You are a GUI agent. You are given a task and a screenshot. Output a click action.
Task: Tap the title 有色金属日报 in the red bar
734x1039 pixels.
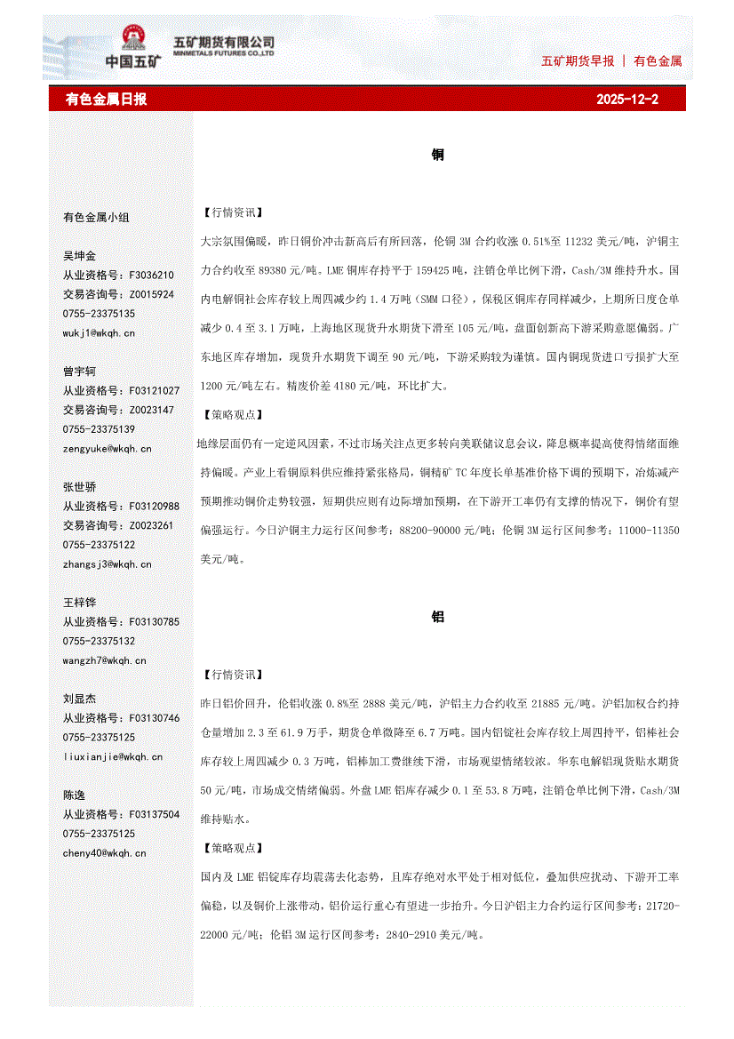107,100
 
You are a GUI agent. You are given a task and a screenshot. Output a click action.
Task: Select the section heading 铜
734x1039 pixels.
438,156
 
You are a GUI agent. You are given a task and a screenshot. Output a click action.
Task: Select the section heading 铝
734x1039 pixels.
438,617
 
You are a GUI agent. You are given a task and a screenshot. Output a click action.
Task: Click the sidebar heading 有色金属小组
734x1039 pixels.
95,217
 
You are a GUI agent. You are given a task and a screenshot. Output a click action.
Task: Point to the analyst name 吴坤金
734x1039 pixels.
79,256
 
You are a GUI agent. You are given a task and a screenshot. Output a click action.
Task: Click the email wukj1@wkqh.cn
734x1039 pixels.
99,333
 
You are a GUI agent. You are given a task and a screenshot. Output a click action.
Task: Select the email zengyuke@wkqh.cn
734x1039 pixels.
107,449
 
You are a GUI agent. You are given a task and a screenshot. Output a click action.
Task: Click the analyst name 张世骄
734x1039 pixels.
79,487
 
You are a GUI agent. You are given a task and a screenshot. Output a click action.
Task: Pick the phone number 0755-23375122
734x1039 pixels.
99,545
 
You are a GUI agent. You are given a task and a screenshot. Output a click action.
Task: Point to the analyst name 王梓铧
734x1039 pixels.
79,603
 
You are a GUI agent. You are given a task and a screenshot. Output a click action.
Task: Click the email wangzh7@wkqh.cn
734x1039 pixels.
101,660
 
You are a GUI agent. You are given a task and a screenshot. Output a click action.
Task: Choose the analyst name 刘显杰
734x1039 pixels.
79,699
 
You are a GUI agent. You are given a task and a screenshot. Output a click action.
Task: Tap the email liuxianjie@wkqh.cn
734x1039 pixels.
112,756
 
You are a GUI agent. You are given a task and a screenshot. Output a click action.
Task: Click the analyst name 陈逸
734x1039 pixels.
74,795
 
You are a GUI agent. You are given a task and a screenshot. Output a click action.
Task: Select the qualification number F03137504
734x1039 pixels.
154,814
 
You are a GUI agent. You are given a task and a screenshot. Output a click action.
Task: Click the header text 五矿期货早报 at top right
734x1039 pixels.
578,61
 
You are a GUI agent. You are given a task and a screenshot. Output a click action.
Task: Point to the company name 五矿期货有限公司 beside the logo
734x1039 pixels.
223,42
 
